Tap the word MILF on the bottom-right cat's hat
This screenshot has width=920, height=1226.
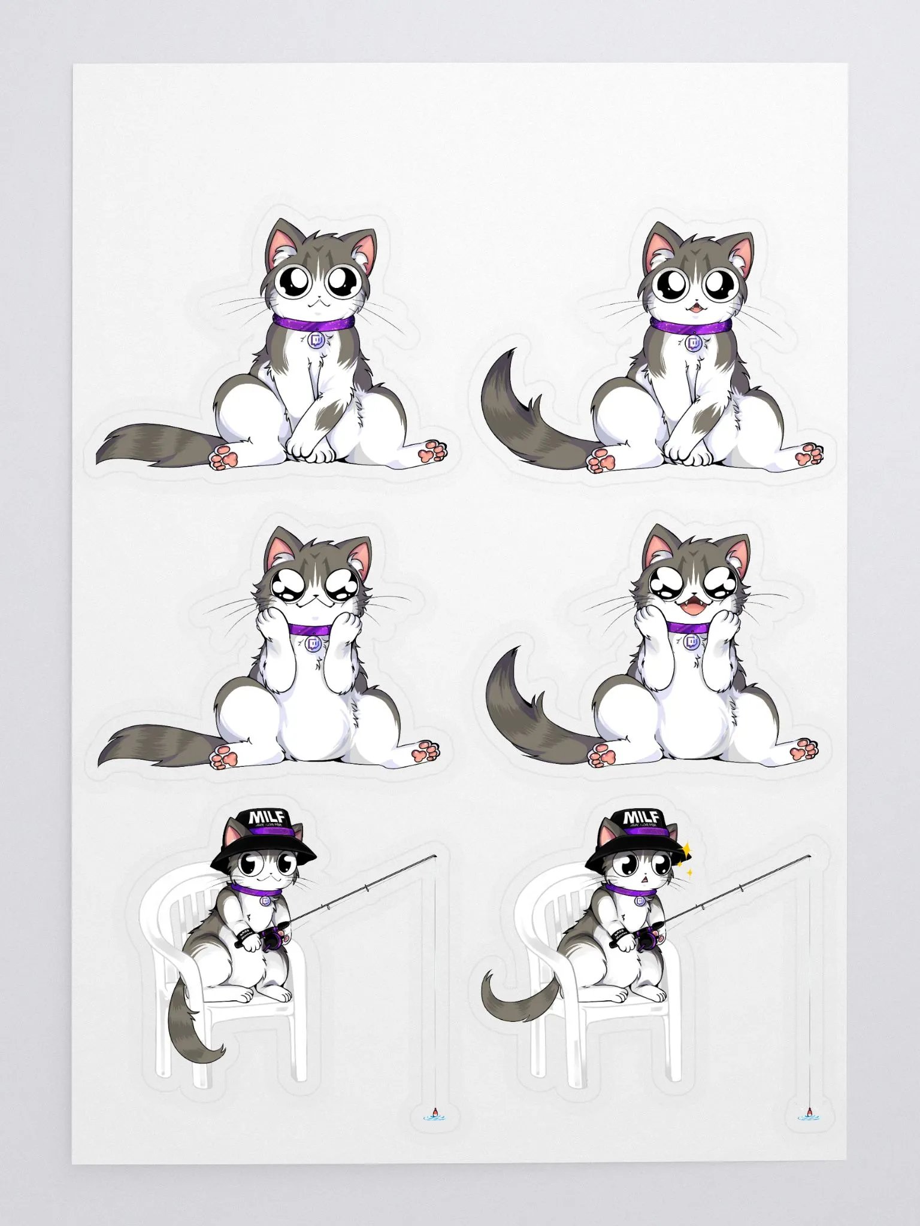tap(641, 818)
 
